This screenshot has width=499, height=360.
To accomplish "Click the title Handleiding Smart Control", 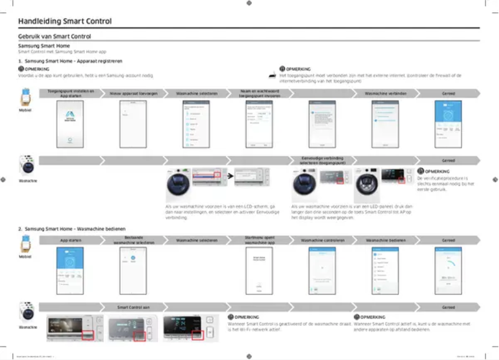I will pos(65,21).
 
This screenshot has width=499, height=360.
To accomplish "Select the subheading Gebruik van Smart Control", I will pos(55,37).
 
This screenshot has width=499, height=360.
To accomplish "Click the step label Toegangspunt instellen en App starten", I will pos(70,93).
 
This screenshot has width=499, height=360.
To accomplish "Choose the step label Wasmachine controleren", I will pos(322,239).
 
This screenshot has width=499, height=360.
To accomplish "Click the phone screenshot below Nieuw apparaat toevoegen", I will pos(133,124).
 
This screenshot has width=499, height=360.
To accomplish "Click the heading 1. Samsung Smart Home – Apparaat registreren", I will pos(70,62).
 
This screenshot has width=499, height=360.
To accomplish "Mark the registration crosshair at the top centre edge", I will pos(249,3).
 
